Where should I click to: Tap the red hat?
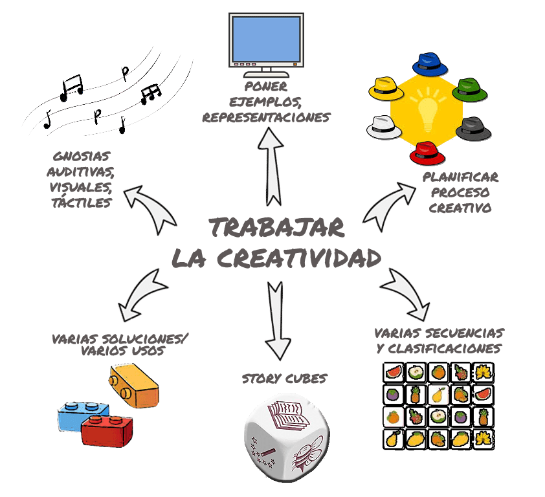click(x=428, y=153)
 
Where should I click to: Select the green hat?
click(x=469, y=91)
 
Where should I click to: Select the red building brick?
click(x=107, y=430)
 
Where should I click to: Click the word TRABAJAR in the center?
click(x=276, y=228)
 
